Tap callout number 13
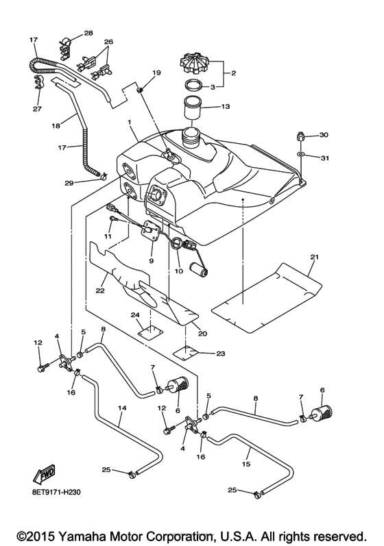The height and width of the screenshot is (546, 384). pos(226,107)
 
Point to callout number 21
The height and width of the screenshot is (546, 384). pos(314,258)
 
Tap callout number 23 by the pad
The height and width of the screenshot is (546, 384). pos(220,353)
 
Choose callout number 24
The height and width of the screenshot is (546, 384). pos(136,316)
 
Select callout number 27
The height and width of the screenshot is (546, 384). pos(36,108)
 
